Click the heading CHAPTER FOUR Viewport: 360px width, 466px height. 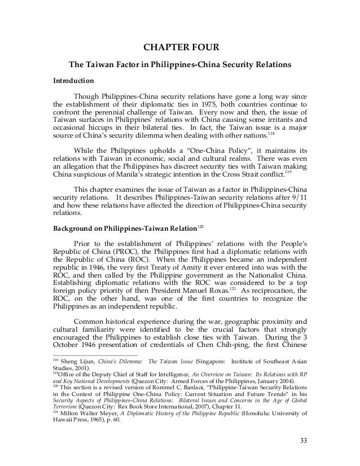[x=180, y=47]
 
